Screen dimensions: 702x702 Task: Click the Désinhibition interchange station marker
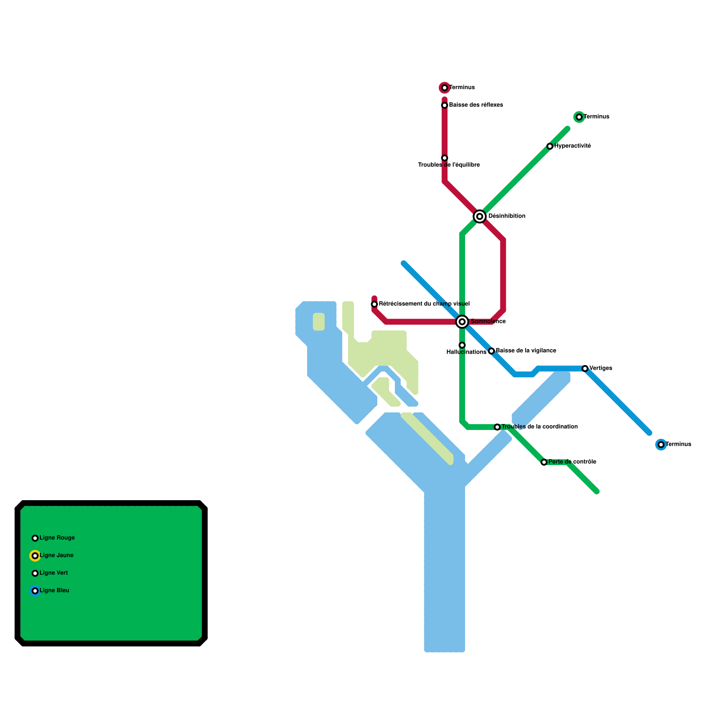[x=480, y=216]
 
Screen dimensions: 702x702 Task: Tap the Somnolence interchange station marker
[x=462, y=322]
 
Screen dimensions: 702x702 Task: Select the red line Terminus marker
[x=444, y=88]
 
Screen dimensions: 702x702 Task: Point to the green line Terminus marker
[x=579, y=117]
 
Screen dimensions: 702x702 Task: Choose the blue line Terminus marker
[x=661, y=444]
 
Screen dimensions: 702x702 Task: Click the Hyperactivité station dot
[x=550, y=146]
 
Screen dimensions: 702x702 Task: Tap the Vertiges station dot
[x=585, y=369]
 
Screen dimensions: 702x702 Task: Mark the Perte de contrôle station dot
[x=544, y=462]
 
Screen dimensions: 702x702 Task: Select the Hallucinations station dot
[x=462, y=345]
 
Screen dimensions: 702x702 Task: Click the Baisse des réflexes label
[x=476, y=105]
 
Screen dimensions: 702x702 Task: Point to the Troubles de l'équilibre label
[x=449, y=165]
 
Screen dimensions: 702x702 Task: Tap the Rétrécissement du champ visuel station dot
[x=374, y=304]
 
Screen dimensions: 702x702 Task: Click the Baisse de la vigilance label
[x=526, y=351]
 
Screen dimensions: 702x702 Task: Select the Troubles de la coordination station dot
[x=497, y=427]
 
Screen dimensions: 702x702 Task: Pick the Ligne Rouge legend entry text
[x=57, y=538]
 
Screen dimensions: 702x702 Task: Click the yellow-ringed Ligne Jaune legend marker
[x=35, y=555]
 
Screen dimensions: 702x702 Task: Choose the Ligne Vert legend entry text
[x=54, y=573]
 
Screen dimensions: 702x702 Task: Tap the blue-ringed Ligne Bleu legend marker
[x=35, y=591]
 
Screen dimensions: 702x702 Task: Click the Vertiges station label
[x=601, y=368]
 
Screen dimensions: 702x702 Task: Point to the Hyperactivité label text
[x=573, y=146]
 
